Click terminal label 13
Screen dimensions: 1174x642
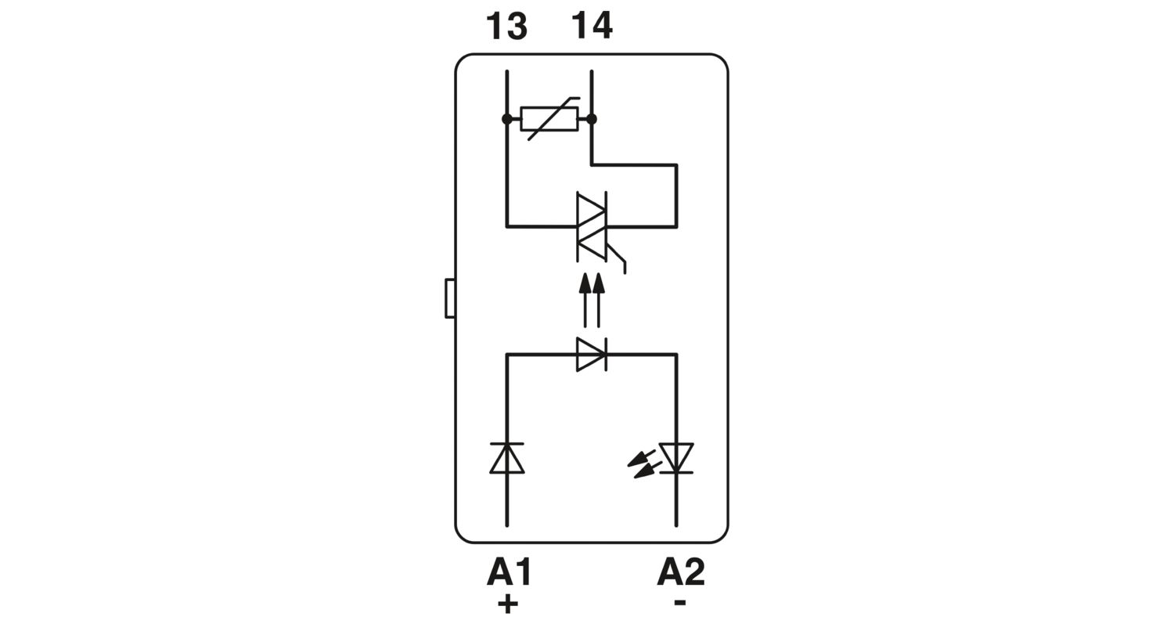pyautogui.click(x=506, y=26)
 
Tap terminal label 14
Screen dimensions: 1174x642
pyautogui.click(x=592, y=26)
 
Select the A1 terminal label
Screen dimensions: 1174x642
pyautogui.click(x=509, y=572)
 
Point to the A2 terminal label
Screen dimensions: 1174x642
pyautogui.click(x=680, y=572)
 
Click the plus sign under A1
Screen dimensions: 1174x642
pyautogui.click(x=507, y=604)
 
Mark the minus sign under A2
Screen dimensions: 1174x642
pyautogui.click(x=680, y=602)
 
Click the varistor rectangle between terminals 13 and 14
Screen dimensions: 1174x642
pyautogui.click(x=549, y=119)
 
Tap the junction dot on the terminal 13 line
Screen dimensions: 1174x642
pyautogui.click(x=507, y=119)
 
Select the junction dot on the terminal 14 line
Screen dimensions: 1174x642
pyautogui.click(x=592, y=119)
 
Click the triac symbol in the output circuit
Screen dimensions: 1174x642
pyautogui.click(x=592, y=227)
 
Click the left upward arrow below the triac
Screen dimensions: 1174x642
pyautogui.click(x=585, y=301)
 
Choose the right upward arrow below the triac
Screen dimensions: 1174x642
pyautogui.click(x=599, y=301)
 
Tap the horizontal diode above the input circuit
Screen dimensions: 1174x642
pyautogui.click(x=592, y=355)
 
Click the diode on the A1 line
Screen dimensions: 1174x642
pyautogui.click(x=507, y=459)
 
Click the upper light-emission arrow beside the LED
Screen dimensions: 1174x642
pyautogui.click(x=642, y=457)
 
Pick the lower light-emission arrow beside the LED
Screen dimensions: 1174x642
pyautogui.click(x=648, y=470)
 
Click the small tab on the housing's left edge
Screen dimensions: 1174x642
pyautogui.click(x=450, y=299)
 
